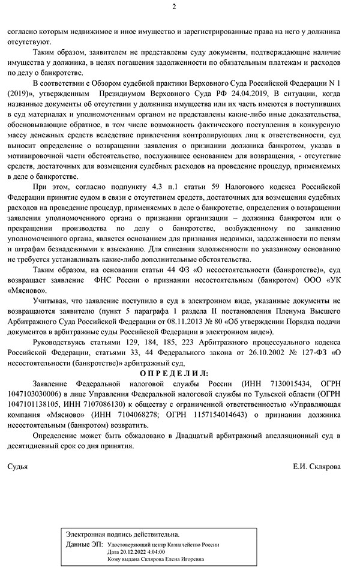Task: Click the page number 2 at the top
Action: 175,7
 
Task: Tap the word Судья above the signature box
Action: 20,466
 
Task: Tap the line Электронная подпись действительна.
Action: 122,533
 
